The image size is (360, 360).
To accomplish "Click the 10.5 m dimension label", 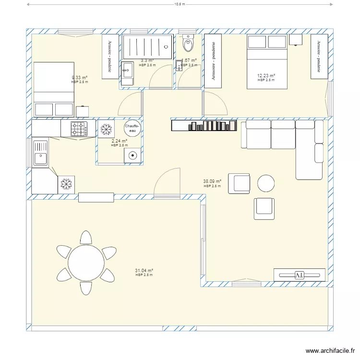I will (180, 4).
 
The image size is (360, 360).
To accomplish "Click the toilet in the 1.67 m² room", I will (188, 45).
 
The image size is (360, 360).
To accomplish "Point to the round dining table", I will (86, 263).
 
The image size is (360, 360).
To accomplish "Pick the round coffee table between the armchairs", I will (266, 183).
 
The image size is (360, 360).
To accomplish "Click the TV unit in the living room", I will (299, 275).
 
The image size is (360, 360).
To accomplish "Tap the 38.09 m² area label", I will (212, 182).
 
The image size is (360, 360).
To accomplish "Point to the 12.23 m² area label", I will (265, 76).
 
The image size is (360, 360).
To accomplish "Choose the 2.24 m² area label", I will (119, 141).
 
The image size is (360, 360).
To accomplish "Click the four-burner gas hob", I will (79, 129).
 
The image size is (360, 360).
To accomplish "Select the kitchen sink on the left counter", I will (40, 152).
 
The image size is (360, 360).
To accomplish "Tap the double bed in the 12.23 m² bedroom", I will (267, 61).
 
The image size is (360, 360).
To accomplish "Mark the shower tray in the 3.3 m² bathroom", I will (147, 47).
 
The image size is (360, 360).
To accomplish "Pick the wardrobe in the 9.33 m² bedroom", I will (110, 56).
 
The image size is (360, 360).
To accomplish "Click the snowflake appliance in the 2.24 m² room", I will (106, 129).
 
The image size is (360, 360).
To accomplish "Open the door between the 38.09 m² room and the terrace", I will (167, 185).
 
